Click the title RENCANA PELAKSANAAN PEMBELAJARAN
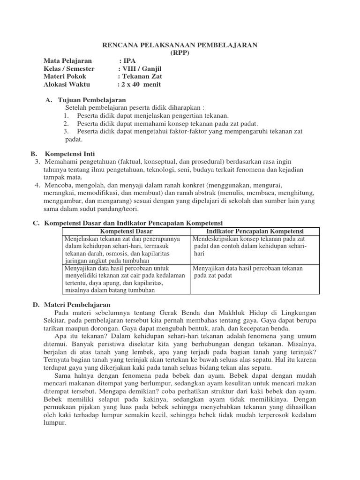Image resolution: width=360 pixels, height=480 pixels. tap(180, 45)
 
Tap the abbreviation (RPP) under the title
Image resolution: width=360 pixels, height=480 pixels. tap(180, 52)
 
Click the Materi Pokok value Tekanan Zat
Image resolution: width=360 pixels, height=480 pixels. tap(141, 77)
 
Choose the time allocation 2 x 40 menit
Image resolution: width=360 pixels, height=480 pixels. tap(140, 85)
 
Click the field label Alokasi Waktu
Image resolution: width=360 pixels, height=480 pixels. tap(67, 85)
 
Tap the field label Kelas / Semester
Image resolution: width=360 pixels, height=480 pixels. tap(69, 69)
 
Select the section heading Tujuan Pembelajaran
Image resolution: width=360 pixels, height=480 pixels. tap(92, 100)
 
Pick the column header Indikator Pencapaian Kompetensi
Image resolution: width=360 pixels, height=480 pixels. tap(255, 232)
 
